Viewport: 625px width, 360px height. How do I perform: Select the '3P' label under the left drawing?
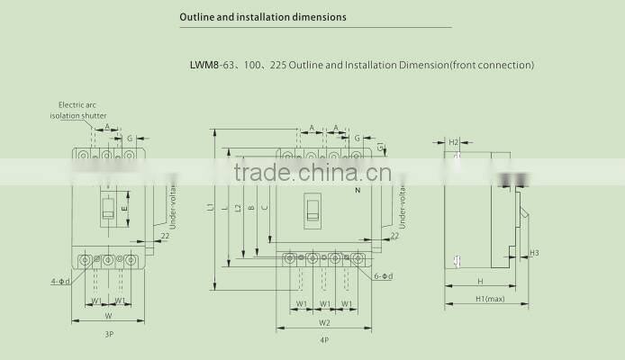click(108, 334)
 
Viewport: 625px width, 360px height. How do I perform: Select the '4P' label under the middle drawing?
click(323, 340)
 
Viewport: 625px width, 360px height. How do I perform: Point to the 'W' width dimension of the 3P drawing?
click(108, 316)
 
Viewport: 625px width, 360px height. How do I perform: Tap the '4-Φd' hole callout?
click(60, 282)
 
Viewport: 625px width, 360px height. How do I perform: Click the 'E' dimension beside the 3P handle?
click(124, 209)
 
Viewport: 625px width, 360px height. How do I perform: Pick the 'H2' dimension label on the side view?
click(454, 142)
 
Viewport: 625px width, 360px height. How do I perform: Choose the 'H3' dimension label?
click(534, 253)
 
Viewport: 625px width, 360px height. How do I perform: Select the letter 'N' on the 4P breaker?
click(358, 193)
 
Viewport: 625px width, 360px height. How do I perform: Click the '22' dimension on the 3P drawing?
click(165, 236)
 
